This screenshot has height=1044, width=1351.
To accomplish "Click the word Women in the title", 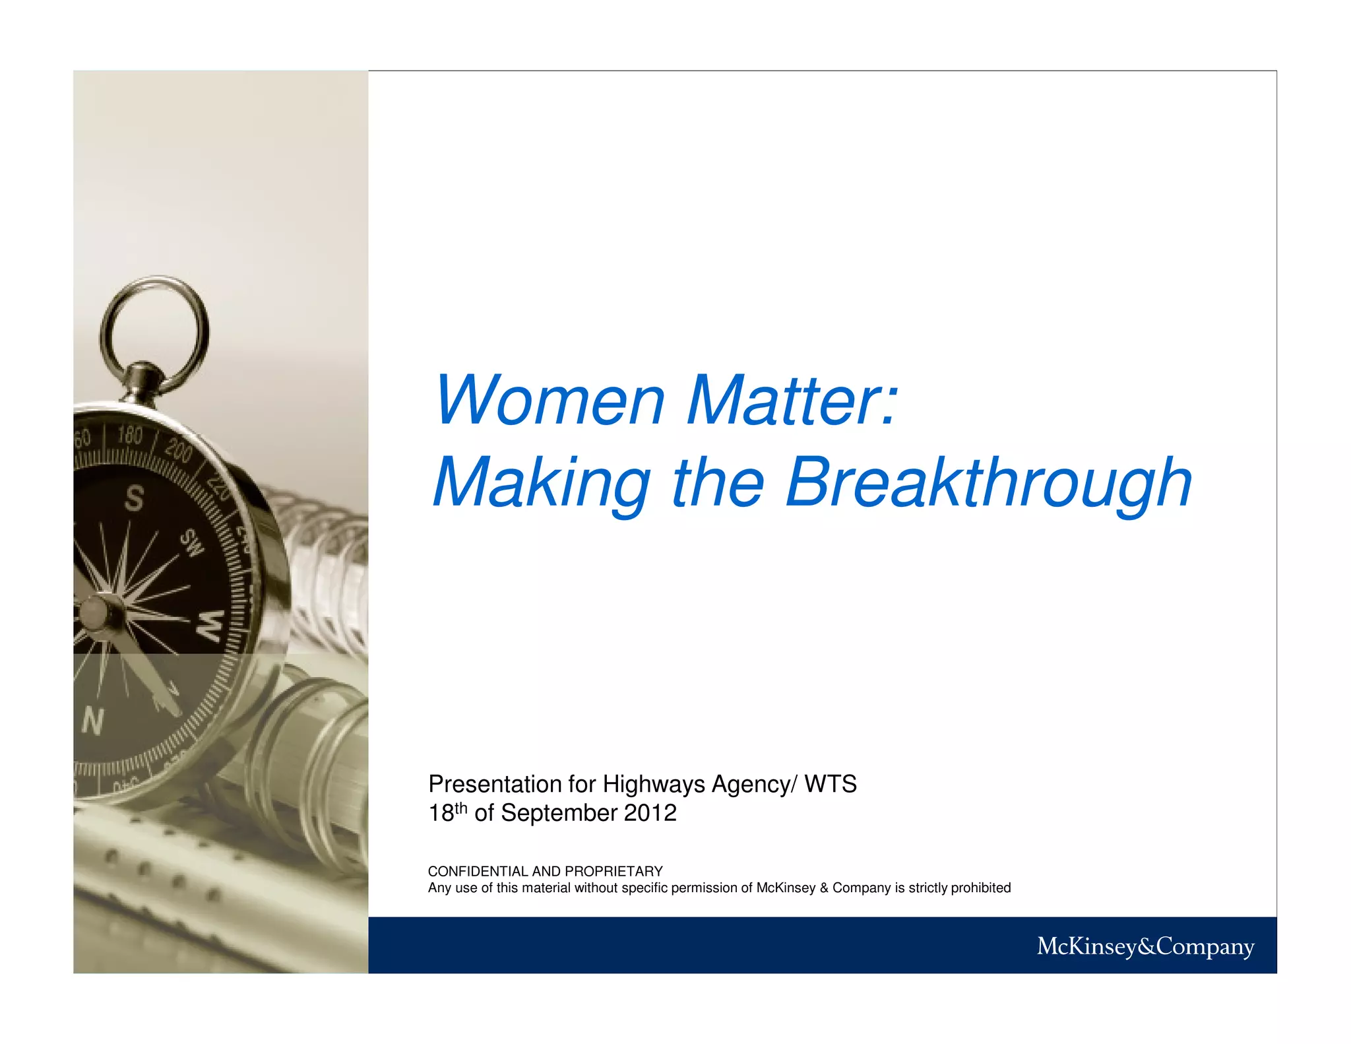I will pyautogui.click(x=549, y=401).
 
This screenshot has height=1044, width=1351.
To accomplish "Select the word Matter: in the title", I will pyautogui.click(x=792, y=401).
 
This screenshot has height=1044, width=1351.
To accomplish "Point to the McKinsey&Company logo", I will pyautogui.click(x=1145, y=946).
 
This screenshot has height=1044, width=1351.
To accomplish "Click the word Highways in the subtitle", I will pyautogui.click(x=654, y=784).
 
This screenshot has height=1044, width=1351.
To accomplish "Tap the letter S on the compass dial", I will pyautogui.click(x=134, y=498).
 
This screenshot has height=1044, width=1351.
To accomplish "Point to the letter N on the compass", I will pyautogui.click(x=92, y=721).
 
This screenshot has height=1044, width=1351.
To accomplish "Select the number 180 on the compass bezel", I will pyautogui.click(x=129, y=435).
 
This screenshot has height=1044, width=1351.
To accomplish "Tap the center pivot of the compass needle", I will pyautogui.click(x=94, y=612).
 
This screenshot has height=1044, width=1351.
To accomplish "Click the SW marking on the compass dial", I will pyautogui.click(x=193, y=542).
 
